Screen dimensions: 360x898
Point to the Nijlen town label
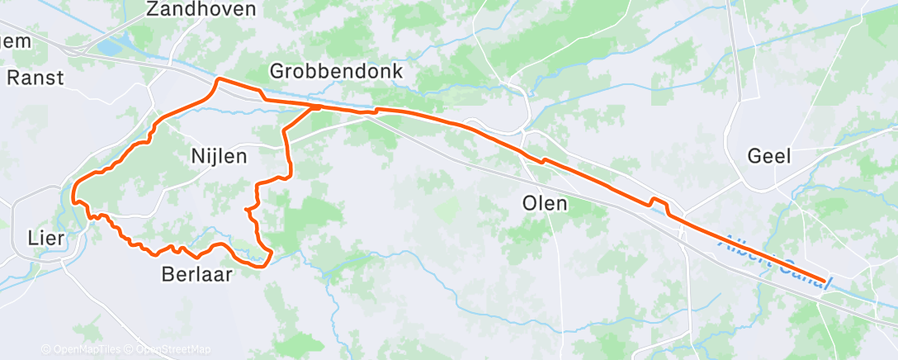[219, 155]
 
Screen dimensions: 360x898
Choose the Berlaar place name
[196, 274]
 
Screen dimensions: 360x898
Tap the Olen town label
[545, 202]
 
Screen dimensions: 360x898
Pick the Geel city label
[769, 155]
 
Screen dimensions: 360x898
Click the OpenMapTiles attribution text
[82, 349]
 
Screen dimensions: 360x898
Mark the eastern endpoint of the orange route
[824, 282]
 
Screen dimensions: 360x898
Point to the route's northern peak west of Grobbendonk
[219, 79]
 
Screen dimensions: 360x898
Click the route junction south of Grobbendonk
[316, 107]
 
